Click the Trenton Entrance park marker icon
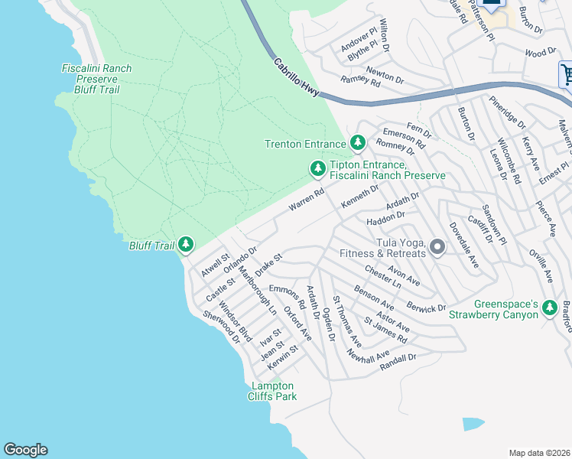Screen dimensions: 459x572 357,142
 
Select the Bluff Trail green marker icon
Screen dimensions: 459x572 186,245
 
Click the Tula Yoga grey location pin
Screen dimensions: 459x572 437,246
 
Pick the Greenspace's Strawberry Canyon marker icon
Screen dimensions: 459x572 549,308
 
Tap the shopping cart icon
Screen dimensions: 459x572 567,75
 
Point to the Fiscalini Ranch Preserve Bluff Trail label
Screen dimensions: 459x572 96,79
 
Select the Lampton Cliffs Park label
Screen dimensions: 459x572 271,391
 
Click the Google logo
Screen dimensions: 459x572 25,450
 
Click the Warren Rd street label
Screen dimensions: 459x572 307,201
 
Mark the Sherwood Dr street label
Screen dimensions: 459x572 221,327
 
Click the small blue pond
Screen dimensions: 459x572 473,423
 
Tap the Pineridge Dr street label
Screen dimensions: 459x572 508,112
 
